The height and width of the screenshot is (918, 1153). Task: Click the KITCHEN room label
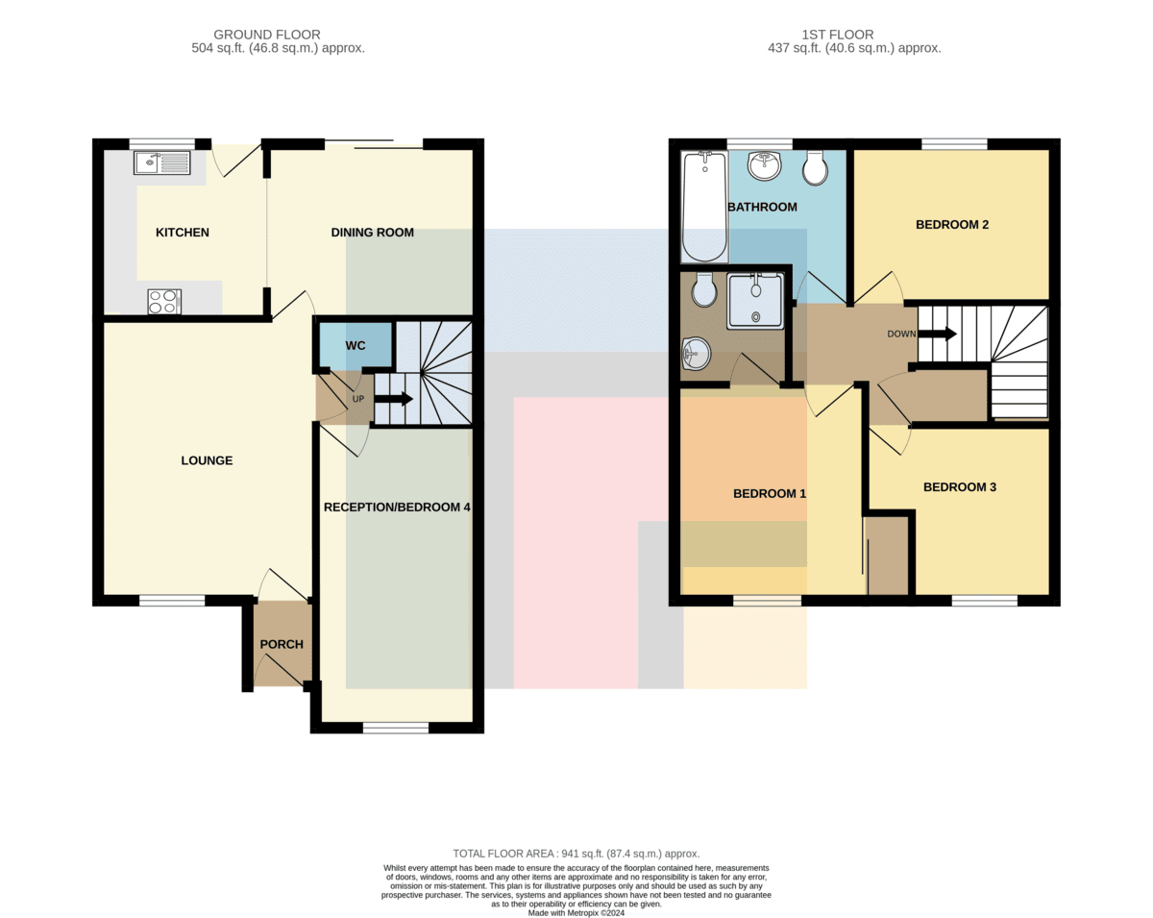(183, 233)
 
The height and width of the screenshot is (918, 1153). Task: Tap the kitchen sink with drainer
(161, 162)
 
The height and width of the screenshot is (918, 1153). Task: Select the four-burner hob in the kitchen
(164, 301)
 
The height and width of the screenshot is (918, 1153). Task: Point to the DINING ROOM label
(373, 233)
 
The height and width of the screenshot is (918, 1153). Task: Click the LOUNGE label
(207, 460)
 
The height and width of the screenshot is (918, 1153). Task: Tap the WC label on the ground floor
(356, 346)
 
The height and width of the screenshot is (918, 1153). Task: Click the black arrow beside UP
(393, 399)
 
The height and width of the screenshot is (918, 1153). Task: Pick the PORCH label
(282, 645)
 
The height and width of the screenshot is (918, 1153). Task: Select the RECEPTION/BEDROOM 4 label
(397, 508)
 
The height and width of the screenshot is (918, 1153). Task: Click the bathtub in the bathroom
(704, 207)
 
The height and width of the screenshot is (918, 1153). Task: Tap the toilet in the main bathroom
(816, 167)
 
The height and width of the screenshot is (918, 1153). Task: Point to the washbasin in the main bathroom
(765, 165)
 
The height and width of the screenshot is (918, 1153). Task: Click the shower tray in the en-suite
(755, 301)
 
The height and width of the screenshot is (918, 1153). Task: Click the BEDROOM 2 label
(952, 225)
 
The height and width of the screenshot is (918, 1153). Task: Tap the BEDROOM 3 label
(960, 487)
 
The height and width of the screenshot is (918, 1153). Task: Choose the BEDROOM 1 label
(770, 493)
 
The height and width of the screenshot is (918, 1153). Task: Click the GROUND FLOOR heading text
(267, 35)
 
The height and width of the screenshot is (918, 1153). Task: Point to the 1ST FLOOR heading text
(838, 35)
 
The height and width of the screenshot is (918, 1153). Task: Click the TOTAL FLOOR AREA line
(576, 854)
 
